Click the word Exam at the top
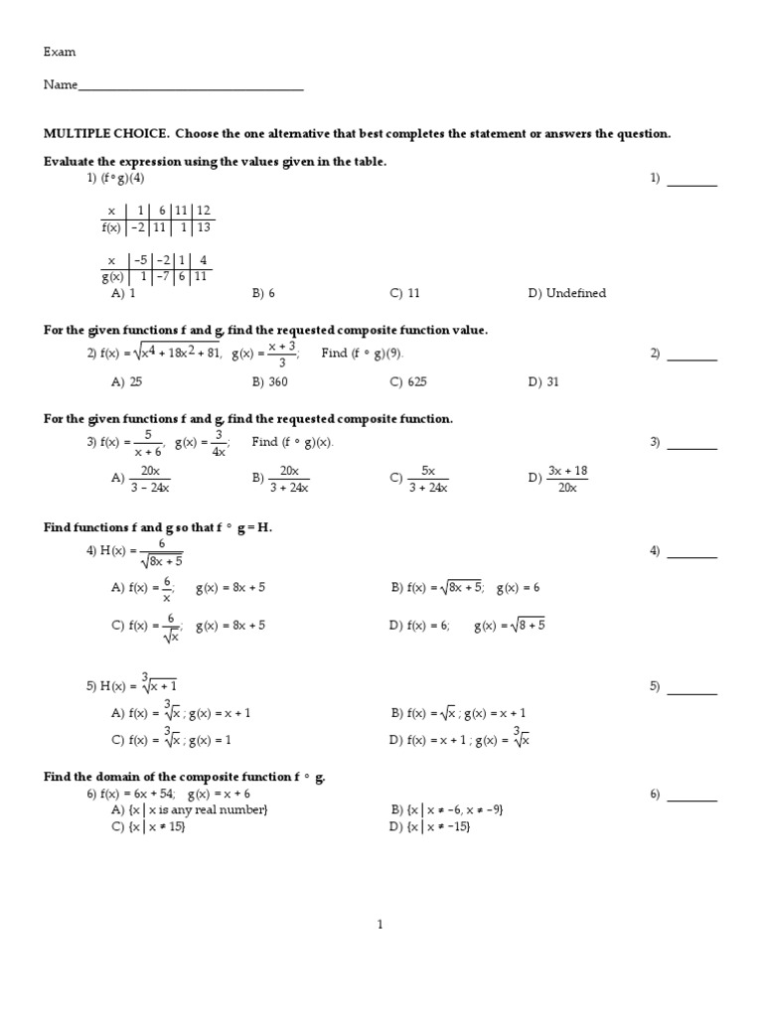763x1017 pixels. click(60, 52)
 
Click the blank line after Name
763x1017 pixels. click(191, 87)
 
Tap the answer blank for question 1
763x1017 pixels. click(691, 183)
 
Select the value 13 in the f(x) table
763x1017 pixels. click(204, 227)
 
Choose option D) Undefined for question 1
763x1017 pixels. click(567, 293)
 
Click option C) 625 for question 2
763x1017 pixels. click(408, 381)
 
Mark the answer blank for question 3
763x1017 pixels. click(691, 447)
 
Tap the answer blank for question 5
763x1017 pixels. click(691, 691)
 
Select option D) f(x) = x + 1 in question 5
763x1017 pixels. click(455, 740)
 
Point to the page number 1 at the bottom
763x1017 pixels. click(381, 925)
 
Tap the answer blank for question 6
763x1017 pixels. click(691, 798)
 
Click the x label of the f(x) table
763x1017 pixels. click(111, 211)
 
